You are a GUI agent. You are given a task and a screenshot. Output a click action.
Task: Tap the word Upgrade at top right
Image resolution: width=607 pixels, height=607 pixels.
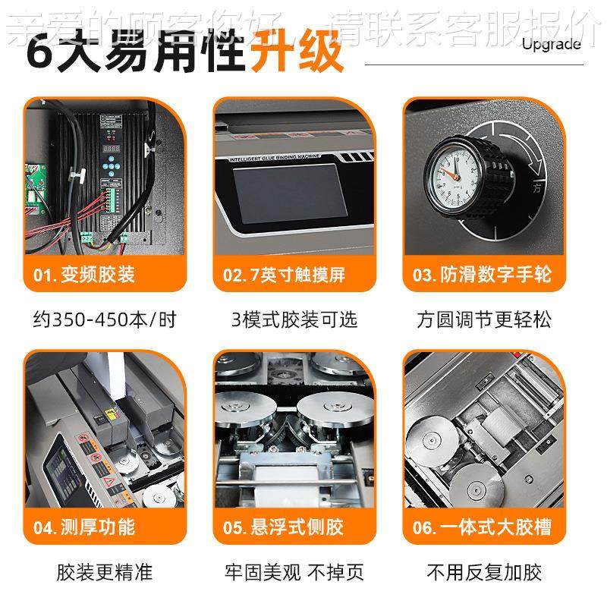(551, 43)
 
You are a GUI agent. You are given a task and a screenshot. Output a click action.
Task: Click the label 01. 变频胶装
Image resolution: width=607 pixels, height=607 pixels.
(84, 275)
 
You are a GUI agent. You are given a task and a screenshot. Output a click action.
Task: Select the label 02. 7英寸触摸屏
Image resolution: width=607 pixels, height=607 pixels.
(284, 275)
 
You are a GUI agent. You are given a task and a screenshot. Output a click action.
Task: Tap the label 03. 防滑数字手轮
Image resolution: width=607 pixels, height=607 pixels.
(483, 275)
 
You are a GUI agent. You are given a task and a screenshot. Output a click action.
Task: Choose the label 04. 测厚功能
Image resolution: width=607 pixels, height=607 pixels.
(84, 527)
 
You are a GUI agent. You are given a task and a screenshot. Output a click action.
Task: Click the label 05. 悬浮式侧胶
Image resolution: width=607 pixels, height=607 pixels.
(284, 527)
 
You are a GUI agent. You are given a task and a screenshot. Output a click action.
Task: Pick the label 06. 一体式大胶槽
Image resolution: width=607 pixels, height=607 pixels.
(483, 527)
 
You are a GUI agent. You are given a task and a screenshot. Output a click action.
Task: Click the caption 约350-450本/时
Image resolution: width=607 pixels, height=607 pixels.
(105, 319)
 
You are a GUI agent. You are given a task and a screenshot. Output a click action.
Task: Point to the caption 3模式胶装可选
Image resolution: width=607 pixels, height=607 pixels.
(294, 319)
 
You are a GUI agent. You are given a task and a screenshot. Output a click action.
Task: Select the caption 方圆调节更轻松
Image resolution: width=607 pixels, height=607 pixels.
(484, 319)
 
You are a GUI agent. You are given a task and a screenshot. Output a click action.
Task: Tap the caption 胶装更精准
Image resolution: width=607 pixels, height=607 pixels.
(105, 571)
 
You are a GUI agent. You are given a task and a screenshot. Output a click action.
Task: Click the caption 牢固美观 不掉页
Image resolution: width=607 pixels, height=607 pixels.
(294, 571)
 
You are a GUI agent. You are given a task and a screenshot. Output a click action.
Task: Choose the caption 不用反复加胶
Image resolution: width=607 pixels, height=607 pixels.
(484, 571)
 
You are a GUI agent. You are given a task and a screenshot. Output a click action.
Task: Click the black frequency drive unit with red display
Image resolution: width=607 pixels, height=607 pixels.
(111, 175)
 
